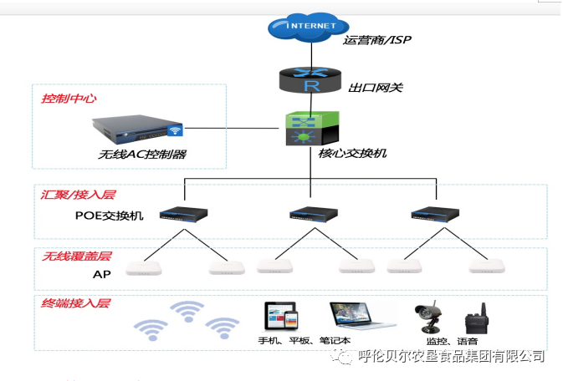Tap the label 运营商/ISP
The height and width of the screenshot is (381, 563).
point(377,39)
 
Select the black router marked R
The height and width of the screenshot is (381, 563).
point(311,83)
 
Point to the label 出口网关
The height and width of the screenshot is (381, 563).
point(376,86)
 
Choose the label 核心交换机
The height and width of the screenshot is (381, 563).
point(353,154)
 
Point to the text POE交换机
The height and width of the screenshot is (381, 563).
point(109,216)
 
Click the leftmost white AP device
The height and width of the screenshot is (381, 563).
point(143,268)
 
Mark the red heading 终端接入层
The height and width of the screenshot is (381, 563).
point(76,303)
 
